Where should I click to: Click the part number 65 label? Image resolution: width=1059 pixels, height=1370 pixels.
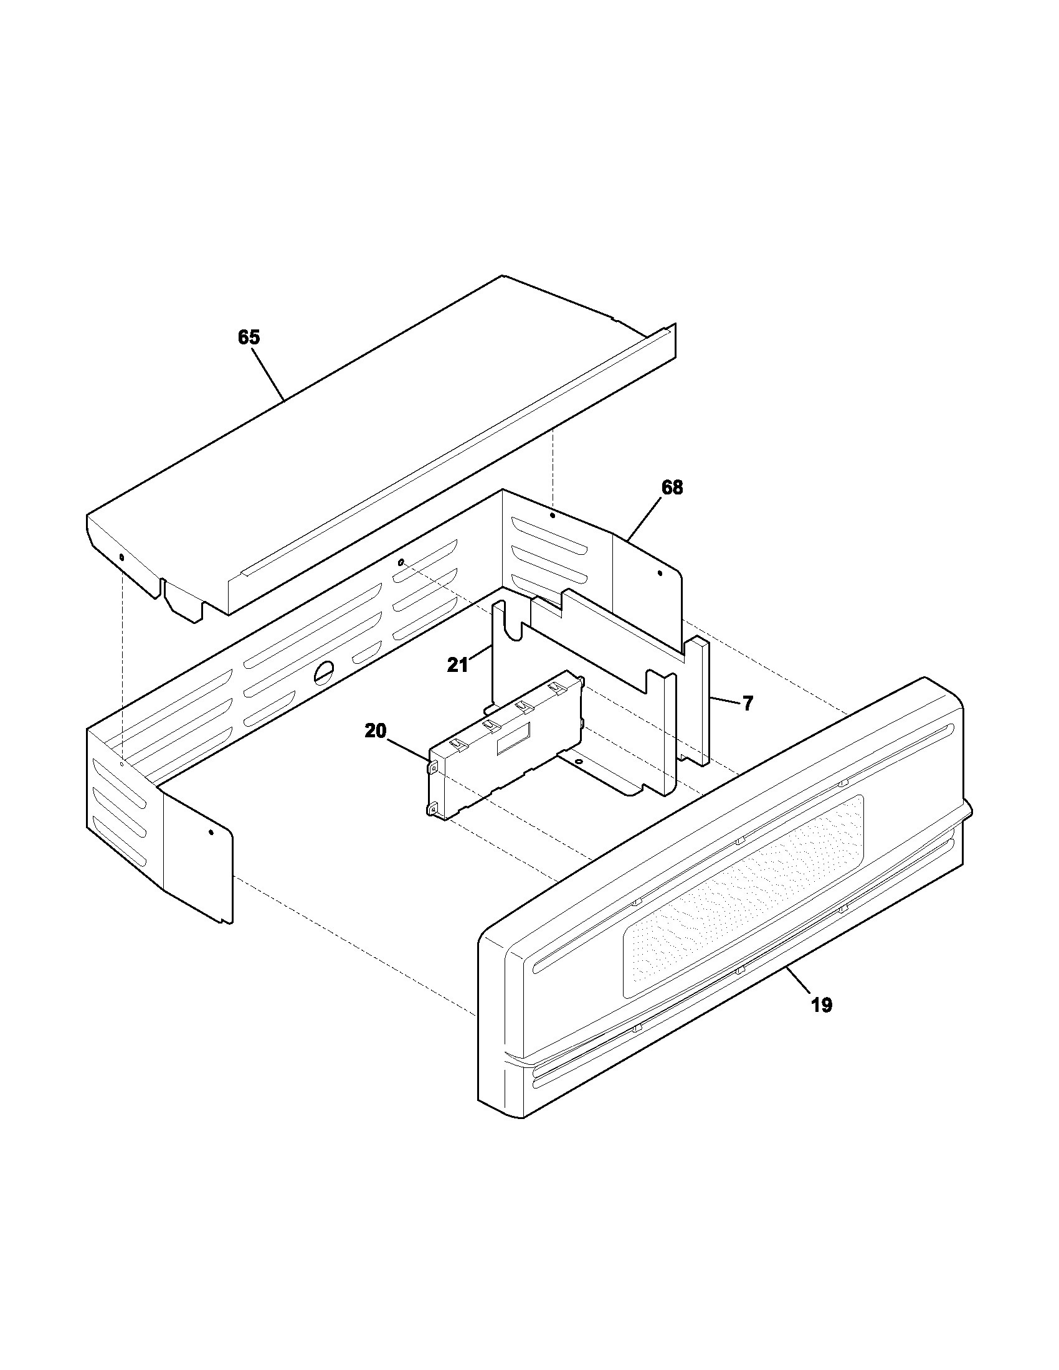(x=249, y=338)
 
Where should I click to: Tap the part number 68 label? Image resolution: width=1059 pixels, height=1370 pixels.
(x=672, y=487)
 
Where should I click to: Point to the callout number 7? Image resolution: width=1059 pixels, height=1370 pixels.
(x=747, y=703)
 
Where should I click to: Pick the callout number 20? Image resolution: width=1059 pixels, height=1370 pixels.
(x=376, y=731)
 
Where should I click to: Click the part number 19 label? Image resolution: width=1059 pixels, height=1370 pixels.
(x=821, y=1006)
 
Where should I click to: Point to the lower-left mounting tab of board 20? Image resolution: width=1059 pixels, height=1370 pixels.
(x=433, y=810)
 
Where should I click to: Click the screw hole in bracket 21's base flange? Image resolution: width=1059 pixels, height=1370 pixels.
(x=578, y=762)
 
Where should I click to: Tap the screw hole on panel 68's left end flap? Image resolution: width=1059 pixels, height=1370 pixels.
(x=211, y=833)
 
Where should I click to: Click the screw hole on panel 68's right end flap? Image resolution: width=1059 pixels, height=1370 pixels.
(x=658, y=573)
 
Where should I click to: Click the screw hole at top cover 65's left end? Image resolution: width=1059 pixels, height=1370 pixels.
(x=121, y=557)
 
